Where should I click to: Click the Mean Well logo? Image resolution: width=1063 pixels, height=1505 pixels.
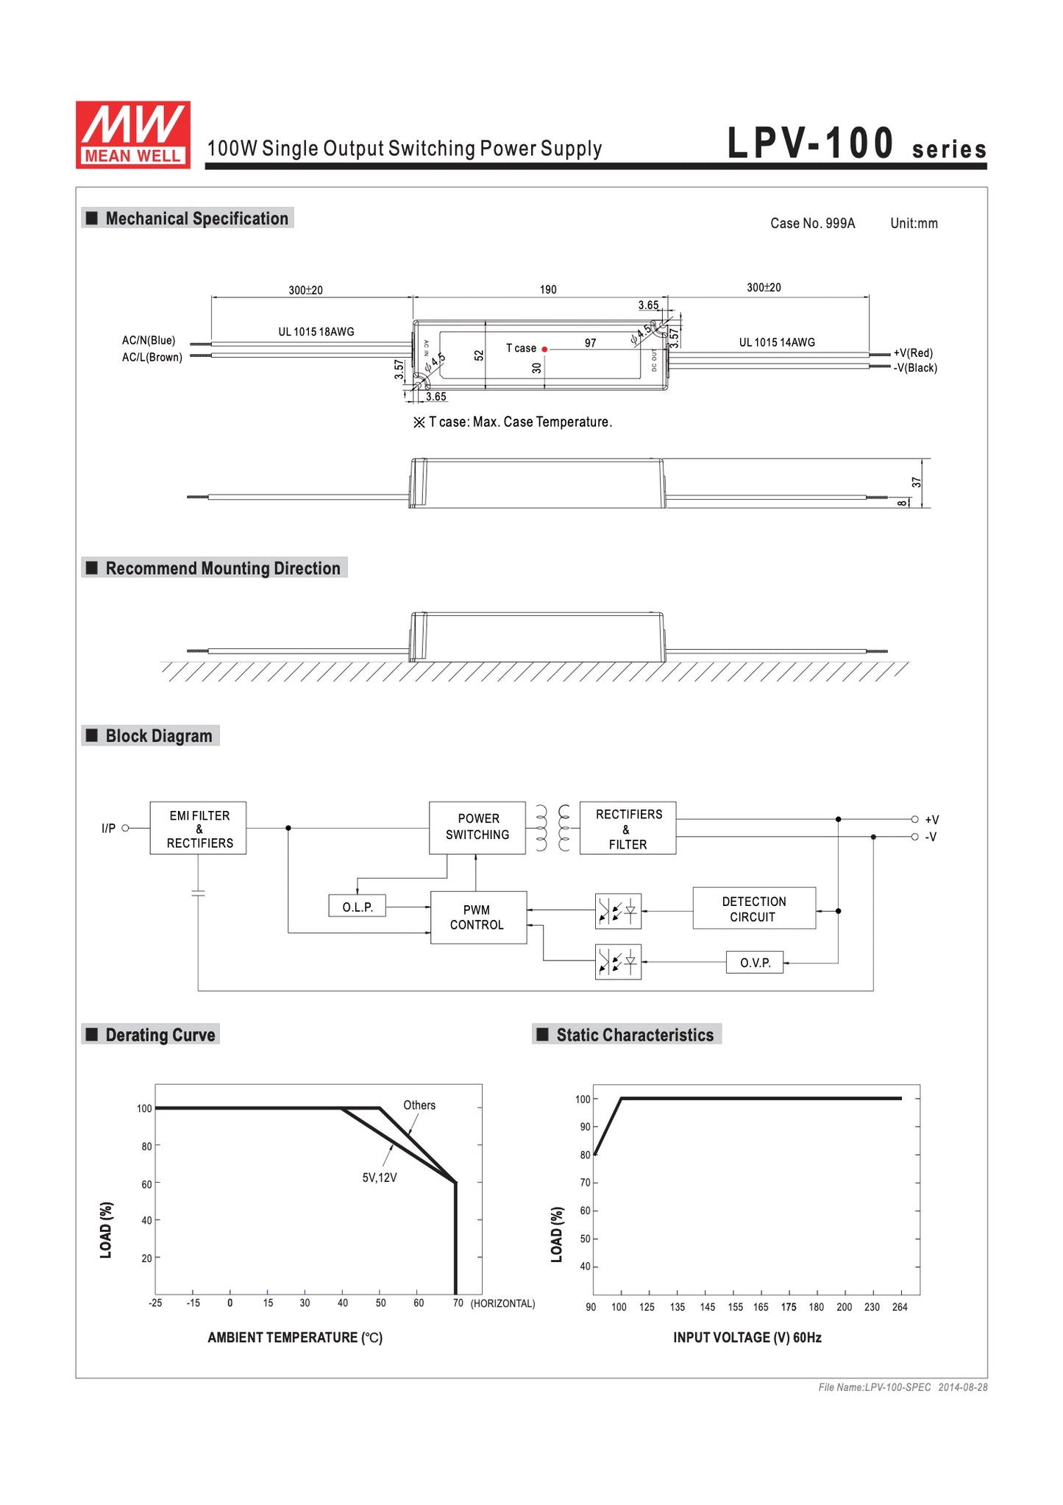pyautogui.click(x=132, y=134)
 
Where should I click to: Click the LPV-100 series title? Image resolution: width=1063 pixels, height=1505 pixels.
pyautogui.click(x=856, y=144)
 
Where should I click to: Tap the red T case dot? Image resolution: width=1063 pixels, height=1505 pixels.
pyautogui.click(x=544, y=349)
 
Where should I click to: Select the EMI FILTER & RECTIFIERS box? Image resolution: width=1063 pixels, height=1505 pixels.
pyautogui.click(x=198, y=828)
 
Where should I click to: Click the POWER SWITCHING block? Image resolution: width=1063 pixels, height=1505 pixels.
pyautogui.click(x=477, y=827)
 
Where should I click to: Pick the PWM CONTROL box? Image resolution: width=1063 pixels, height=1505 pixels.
pyautogui.click(x=478, y=917)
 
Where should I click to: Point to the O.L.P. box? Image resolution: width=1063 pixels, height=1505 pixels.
pyautogui.click(x=358, y=907)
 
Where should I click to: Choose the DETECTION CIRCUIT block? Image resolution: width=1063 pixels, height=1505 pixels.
pyautogui.click(x=753, y=909)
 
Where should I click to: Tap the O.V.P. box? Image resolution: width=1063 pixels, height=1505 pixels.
pyautogui.click(x=755, y=963)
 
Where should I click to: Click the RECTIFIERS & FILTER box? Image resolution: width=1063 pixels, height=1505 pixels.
pyautogui.click(x=628, y=829)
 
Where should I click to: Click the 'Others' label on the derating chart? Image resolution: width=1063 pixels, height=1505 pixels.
pyautogui.click(x=419, y=1105)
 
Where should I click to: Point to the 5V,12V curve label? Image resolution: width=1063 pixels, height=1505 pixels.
pyautogui.click(x=380, y=1178)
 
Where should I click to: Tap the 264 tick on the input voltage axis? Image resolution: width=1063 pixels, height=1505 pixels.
pyautogui.click(x=900, y=1307)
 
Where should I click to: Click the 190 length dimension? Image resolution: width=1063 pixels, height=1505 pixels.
pyautogui.click(x=548, y=290)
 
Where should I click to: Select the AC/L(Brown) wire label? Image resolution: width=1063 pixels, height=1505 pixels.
pyautogui.click(x=152, y=358)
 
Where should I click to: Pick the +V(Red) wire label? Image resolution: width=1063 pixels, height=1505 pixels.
pyautogui.click(x=913, y=353)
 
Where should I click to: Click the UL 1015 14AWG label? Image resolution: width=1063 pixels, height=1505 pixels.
pyautogui.click(x=777, y=342)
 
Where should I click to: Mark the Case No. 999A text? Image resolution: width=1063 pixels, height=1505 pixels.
pyautogui.click(x=812, y=224)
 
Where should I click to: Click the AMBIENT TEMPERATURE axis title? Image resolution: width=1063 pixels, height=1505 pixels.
pyautogui.click(x=295, y=1337)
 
